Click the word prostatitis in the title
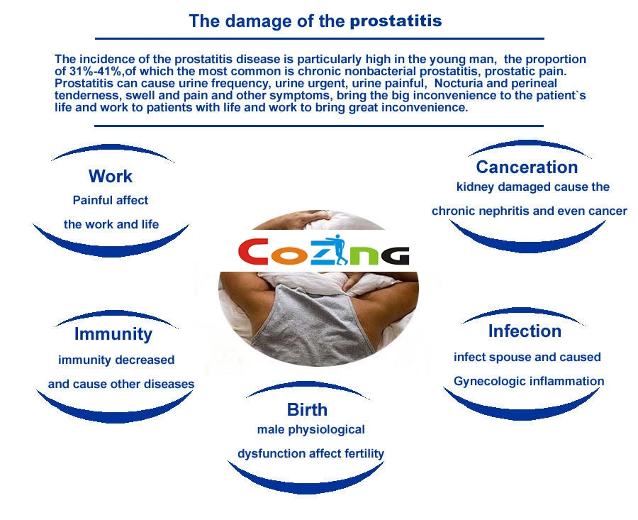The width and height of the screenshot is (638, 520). click(396, 21)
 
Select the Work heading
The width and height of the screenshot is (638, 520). click(111, 176)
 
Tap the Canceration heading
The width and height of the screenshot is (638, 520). click(527, 167)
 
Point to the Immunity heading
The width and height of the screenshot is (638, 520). click(113, 333)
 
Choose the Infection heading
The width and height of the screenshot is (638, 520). click(525, 331)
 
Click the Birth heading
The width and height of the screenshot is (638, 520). click(307, 409)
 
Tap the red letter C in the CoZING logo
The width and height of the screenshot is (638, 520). click(253, 253)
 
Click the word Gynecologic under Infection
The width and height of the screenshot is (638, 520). click(486, 381)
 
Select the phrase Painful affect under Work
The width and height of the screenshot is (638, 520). click(111, 200)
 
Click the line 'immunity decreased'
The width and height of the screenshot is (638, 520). click(116, 360)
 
